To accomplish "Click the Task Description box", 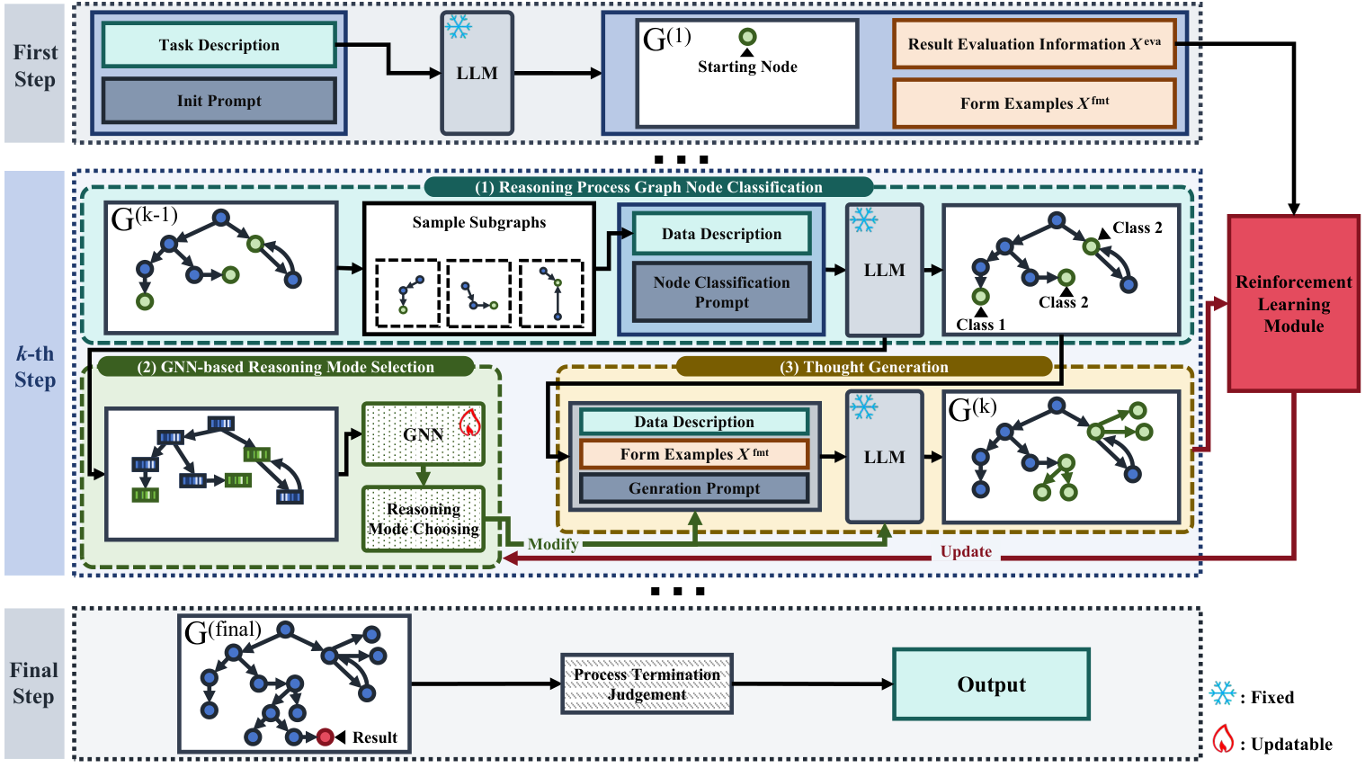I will click(x=219, y=45).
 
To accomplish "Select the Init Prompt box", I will click(x=219, y=101).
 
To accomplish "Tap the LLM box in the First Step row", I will click(x=477, y=74).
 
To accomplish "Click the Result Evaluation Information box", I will click(x=1034, y=44).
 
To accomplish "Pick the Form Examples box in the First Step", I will click(x=1034, y=103).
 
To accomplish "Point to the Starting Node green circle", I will click(x=747, y=37).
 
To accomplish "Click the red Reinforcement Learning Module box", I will click(x=1293, y=304).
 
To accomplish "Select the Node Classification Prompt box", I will click(x=721, y=292).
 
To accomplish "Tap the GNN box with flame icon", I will click(x=424, y=434).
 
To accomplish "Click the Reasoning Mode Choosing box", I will click(x=424, y=519).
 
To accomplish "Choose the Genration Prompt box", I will click(x=694, y=488).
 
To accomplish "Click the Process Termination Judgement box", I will click(x=647, y=684).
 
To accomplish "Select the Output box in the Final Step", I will click(x=991, y=684).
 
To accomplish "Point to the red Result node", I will click(x=325, y=737).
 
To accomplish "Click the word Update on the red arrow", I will click(x=966, y=552).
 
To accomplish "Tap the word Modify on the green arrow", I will click(x=552, y=544).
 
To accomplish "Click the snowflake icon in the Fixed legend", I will click(x=1223, y=694).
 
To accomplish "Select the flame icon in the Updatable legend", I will click(x=1223, y=740).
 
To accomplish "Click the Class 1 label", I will click(x=980, y=325).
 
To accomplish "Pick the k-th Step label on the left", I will click(x=34, y=367).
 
